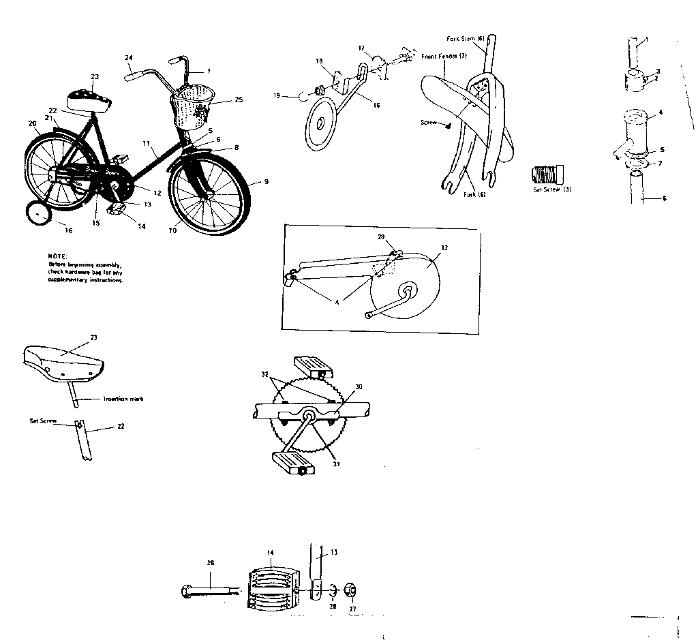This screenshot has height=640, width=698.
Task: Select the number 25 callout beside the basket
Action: click(x=238, y=100)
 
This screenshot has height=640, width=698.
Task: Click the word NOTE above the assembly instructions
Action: click(x=56, y=256)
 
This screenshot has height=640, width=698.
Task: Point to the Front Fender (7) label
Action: click(x=444, y=56)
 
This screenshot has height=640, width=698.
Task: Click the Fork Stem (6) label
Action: click(x=466, y=39)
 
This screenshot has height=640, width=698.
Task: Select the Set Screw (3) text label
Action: click(x=551, y=189)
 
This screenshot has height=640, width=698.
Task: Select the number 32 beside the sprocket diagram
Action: click(x=264, y=374)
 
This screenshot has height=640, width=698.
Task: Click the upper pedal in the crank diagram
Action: click(x=314, y=366)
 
